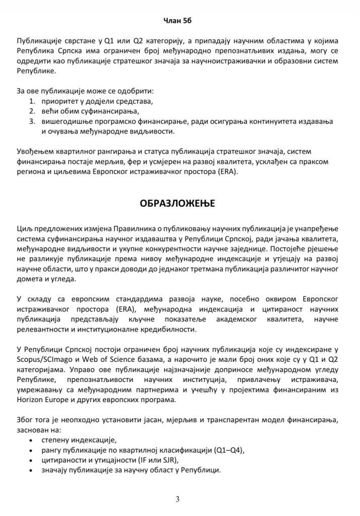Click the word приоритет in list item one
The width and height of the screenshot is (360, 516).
59,101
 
